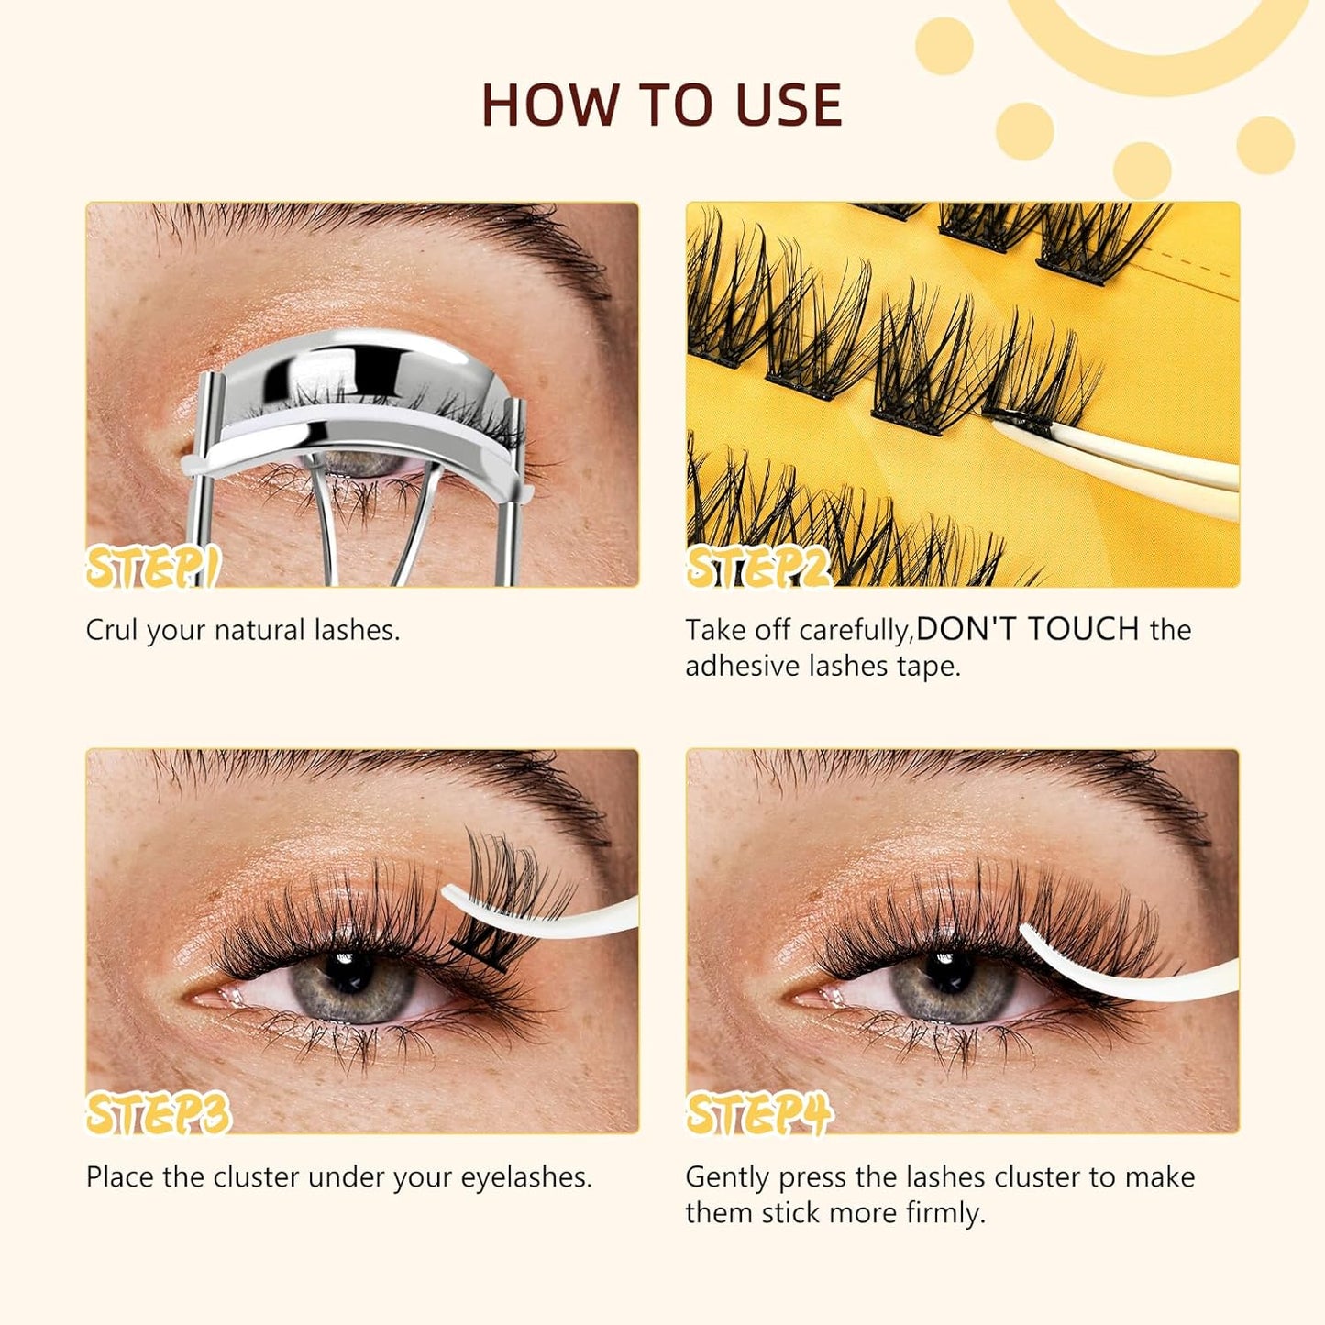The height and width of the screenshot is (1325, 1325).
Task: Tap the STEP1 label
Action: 152,568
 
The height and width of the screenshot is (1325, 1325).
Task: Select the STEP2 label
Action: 759,568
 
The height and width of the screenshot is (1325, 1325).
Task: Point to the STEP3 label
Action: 158,1114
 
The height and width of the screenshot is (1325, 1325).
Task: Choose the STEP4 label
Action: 759,1114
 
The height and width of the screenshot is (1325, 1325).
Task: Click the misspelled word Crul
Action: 112,630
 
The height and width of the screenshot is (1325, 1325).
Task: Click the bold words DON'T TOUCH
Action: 1028,629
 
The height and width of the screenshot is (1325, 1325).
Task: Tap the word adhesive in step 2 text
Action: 743,667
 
